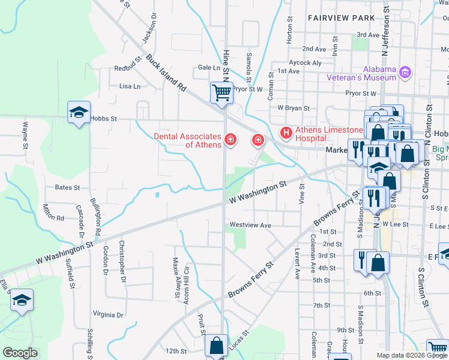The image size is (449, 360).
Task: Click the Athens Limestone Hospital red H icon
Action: pos(286,131)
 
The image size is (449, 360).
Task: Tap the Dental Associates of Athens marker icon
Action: pos(229,140)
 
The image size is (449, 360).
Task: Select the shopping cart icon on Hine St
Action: pos(221,93)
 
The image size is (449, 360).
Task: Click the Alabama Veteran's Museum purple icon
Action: pos(405,73)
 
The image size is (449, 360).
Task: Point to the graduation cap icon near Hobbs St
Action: pos(79,112)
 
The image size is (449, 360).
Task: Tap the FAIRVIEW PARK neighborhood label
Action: pos(340,18)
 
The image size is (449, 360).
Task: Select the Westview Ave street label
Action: pos(249,226)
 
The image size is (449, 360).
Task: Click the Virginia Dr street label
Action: pos(108,314)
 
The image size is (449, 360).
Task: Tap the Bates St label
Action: pos(67,188)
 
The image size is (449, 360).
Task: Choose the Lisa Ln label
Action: pos(130,86)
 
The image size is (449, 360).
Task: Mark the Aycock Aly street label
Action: pos(305,62)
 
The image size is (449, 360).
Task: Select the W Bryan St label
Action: pos(293,109)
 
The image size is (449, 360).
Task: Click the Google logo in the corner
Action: pos(20,353)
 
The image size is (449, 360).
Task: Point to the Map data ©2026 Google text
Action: pos(412,355)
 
